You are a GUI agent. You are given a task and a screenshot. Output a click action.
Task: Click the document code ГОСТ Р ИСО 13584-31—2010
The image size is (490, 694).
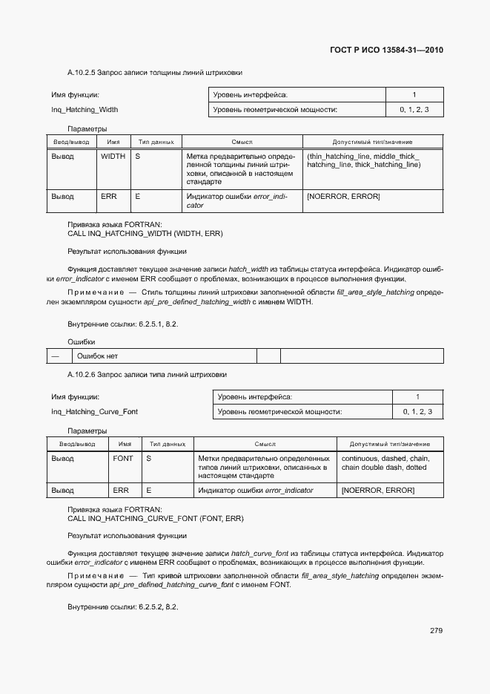coord(386,50)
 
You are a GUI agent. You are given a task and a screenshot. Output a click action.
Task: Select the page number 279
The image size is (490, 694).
coord(436,631)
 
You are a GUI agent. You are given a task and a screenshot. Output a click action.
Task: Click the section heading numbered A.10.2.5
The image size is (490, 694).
coord(155,73)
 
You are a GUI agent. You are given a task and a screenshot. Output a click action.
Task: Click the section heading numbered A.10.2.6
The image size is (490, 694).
coord(147,375)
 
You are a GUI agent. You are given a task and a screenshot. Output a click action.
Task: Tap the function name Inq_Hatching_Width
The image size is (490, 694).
coord(85,110)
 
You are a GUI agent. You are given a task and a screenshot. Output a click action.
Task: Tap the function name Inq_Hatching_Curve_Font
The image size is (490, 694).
coord(94,411)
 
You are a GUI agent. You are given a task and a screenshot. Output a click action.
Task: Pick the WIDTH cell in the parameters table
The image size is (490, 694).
coord(113,157)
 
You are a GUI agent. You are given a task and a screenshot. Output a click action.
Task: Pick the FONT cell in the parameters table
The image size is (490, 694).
coord(123,459)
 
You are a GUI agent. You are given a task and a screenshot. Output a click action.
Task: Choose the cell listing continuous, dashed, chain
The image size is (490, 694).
coord(385,462)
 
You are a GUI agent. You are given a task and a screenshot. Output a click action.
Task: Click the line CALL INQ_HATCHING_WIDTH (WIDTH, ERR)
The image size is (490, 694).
coord(145,233)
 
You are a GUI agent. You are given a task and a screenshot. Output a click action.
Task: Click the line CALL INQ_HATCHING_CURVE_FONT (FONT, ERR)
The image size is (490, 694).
coord(156,518)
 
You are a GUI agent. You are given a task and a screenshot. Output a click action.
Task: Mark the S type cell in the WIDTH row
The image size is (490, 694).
coord(138,157)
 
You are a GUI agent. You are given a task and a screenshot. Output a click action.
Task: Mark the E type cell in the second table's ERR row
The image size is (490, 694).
coord(149,491)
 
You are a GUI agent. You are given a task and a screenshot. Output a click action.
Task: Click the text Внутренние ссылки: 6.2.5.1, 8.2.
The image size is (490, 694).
coord(123,325)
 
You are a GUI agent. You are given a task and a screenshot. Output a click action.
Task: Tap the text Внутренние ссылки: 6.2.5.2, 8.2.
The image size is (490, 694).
coord(123,606)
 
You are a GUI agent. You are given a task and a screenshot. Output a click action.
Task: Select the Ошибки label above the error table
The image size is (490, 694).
coord(82,341)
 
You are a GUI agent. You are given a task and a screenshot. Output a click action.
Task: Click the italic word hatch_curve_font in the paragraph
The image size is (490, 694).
coord(260,553)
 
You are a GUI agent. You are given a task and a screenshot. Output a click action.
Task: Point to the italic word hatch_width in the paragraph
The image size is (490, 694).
coord(248,269)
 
